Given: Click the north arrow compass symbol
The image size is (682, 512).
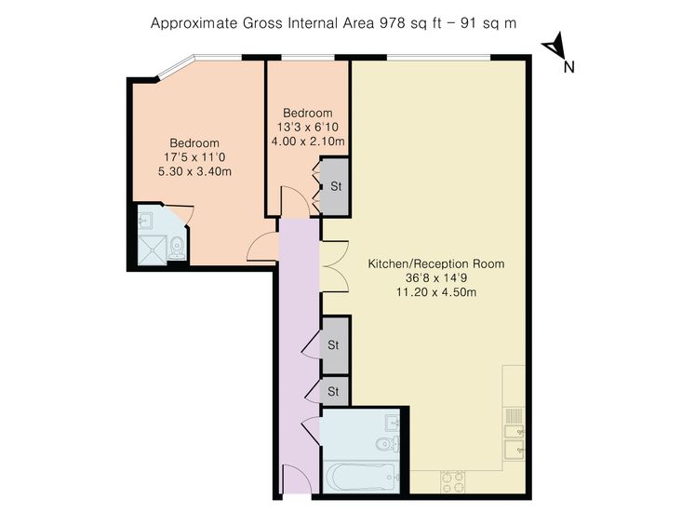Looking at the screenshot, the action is pos(555,46).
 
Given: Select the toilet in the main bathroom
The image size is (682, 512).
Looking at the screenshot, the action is pos(388,443).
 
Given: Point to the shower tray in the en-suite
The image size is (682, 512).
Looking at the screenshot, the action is pos(153,249).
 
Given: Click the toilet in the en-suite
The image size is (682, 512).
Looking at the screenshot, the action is pos(177,248).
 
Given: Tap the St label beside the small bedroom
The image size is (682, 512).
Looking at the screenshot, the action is pos(336,186).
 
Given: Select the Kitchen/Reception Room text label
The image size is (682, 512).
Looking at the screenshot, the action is pos(436,263).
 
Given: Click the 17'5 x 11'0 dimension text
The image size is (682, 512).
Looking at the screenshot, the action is pos(194,157).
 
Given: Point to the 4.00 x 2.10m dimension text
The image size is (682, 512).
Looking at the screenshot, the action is pos(308,141).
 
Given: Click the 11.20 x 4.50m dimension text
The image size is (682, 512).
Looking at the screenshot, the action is pos(436,292).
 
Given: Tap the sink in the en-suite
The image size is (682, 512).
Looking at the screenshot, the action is pos(145,220).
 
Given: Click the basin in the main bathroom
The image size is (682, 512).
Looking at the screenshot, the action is pos(393,423).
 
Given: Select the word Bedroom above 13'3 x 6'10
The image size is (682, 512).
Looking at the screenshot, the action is pos(308,113).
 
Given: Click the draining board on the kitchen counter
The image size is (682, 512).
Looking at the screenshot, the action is pos(514,416).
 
